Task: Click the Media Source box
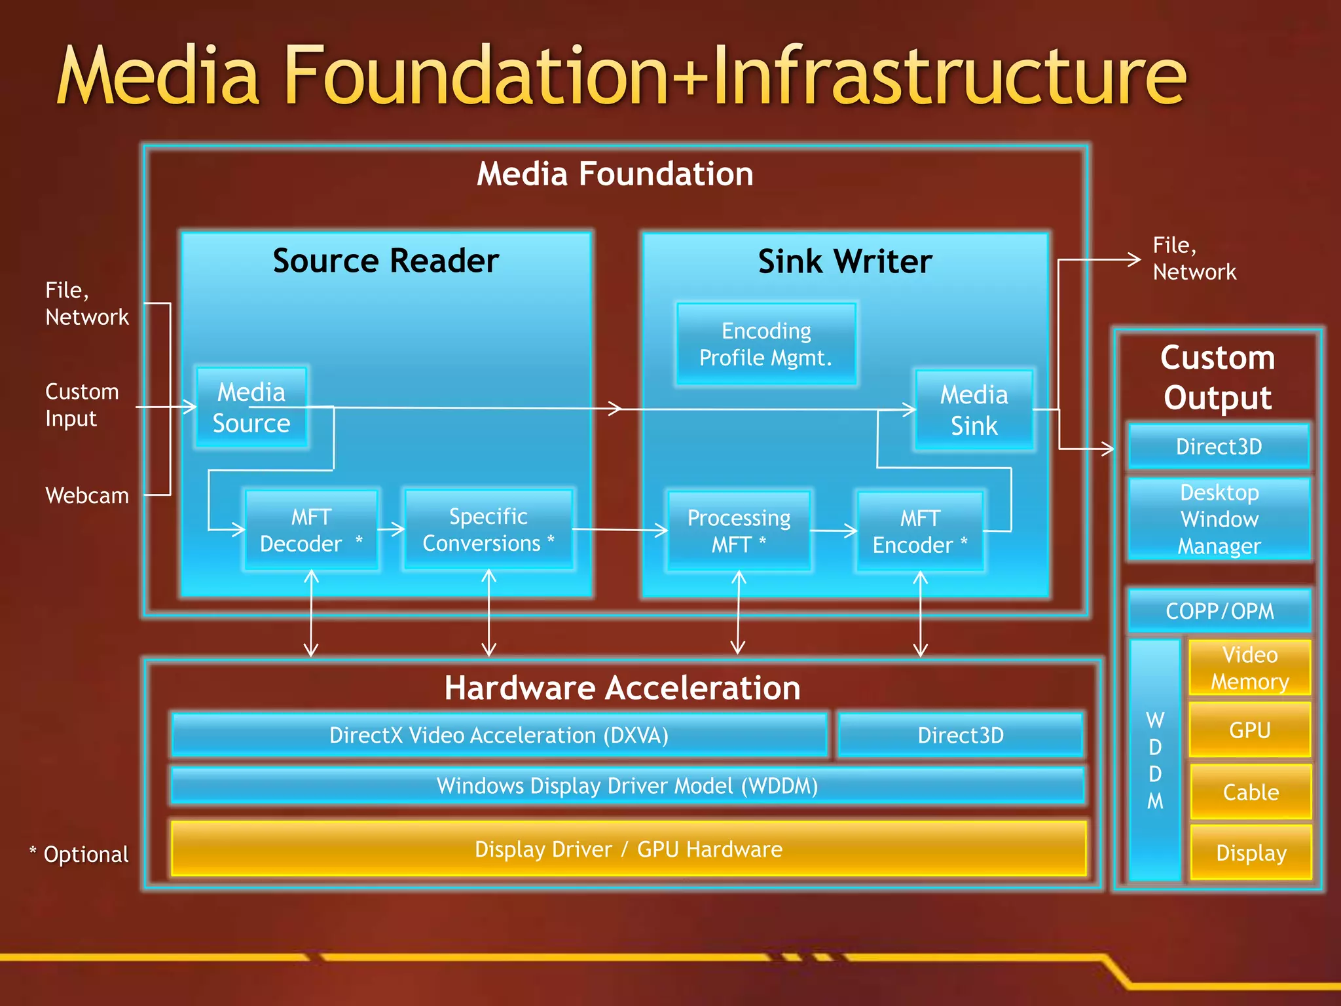252,407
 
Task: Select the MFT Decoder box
311,530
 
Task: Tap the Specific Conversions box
488,529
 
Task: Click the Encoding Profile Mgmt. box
766,344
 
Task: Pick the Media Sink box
974,410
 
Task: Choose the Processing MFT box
739,531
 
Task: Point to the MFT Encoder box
920,531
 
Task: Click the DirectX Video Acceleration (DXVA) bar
499,735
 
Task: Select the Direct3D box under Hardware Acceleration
960,735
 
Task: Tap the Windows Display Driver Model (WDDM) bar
627,785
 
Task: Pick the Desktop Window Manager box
1219,519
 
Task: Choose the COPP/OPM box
1219,610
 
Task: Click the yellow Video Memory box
1249,667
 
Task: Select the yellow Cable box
1251,792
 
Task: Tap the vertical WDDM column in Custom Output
1155,760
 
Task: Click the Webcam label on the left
87,495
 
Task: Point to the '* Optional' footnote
79,854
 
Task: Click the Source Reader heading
386,261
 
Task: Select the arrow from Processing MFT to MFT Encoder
833,531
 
